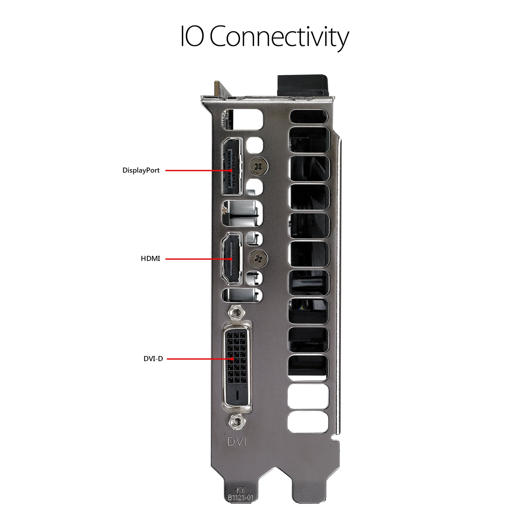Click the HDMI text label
[150, 259]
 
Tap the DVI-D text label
[153, 359]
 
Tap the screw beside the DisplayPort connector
[259, 165]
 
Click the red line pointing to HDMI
[191, 259]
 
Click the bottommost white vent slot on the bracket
[308, 422]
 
